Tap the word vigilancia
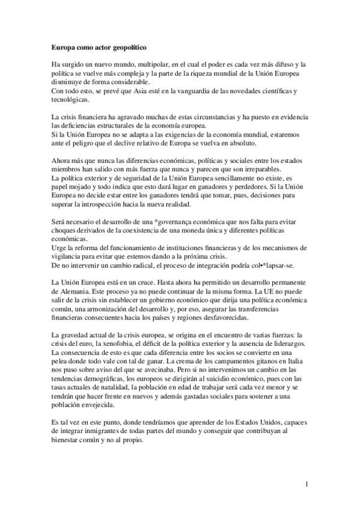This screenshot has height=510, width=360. pos(64,257)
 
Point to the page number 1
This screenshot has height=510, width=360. pos(307,484)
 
